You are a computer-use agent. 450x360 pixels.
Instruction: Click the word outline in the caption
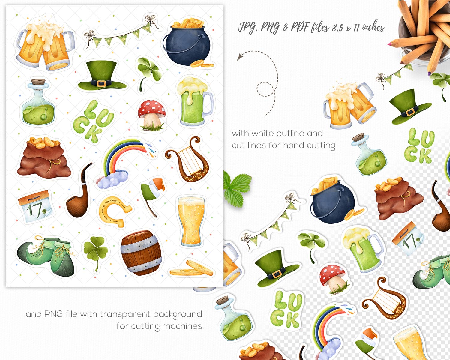(x=277, y=133)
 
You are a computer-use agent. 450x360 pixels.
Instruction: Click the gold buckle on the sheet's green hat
(x=101, y=83)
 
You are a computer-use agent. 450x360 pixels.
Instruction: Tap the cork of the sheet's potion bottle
(x=38, y=82)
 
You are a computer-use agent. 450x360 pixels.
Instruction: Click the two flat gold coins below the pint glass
(x=192, y=268)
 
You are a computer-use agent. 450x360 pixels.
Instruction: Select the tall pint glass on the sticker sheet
(x=191, y=221)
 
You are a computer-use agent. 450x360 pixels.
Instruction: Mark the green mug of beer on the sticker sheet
(x=194, y=102)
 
